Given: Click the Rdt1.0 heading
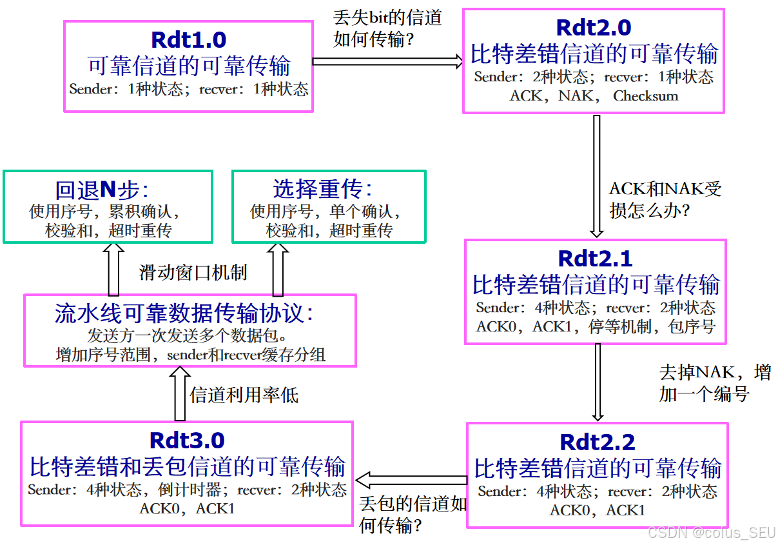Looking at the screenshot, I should [188, 40].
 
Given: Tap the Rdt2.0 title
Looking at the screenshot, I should [593, 28].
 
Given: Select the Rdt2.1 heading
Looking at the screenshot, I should [595, 258].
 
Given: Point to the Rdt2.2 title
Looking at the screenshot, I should [597, 442].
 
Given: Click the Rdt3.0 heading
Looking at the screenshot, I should [187, 441].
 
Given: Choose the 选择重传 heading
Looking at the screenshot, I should [322, 189].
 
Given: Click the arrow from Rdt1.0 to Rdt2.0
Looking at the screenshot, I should [387, 61].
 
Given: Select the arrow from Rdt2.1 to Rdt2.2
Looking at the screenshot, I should [598, 382].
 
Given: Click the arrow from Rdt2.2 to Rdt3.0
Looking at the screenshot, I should [411, 480].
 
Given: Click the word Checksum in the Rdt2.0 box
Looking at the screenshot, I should [645, 96].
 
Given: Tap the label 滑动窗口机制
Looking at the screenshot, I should [193, 273].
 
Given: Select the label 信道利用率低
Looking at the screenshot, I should [244, 395].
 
